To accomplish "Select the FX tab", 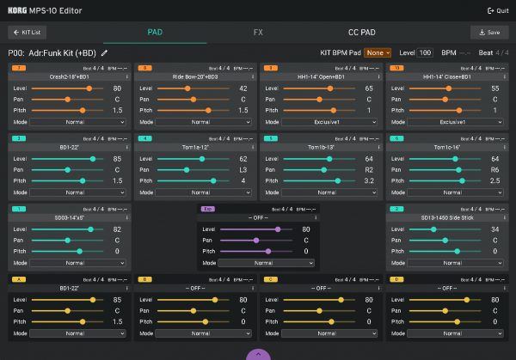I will (258, 33).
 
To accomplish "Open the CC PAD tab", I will (351, 33).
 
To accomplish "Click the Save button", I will (489, 33).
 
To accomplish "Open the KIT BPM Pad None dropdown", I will (378, 52).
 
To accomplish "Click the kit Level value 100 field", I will (425, 52).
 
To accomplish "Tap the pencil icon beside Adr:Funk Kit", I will (105, 52).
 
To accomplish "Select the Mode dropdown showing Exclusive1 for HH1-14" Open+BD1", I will (319, 122).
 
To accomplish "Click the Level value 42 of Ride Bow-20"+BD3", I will (243, 88).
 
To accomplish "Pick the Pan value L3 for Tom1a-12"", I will (243, 170).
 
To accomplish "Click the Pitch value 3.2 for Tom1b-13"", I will (368, 181).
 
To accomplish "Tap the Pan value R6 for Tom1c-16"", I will (494, 170).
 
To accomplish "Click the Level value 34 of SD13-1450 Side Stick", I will (494, 229).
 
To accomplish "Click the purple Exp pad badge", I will (208, 209).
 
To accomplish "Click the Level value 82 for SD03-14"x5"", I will (116, 229).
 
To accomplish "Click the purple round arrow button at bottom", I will (258, 354).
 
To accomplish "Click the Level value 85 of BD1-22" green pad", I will (116, 159).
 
